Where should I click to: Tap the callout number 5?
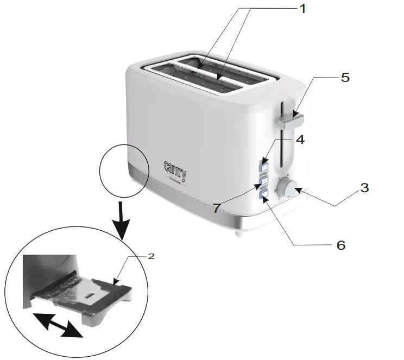point(345,77)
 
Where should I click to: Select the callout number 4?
point(300,139)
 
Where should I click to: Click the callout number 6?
point(340,245)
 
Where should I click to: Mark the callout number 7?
point(217,207)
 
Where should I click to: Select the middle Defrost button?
point(264,180)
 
